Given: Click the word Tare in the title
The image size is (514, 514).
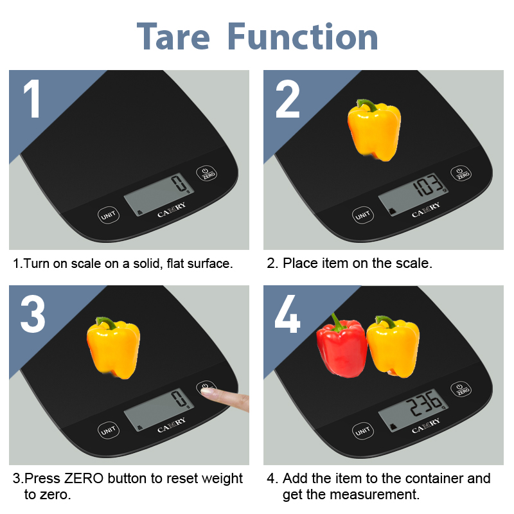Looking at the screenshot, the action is point(173,37).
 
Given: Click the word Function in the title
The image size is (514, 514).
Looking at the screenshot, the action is point(303,37).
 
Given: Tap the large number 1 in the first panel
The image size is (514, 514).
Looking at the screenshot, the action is point(32,98).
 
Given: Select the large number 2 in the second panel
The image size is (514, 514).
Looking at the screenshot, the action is point(287,98).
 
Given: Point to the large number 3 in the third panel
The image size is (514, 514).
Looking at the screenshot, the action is point(33,314).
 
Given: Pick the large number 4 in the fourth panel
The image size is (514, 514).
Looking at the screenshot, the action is point(287,314).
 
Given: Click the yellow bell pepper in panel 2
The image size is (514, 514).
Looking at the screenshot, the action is point(374,130).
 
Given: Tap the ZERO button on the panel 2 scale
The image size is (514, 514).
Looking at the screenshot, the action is point(461,173).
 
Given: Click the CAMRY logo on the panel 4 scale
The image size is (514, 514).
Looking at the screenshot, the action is point(426,425).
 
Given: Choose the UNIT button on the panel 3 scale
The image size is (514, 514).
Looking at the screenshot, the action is point(109,430).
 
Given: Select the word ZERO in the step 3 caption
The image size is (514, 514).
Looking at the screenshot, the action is point(84,478).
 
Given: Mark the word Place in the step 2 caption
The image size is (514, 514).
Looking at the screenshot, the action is point(300,263).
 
